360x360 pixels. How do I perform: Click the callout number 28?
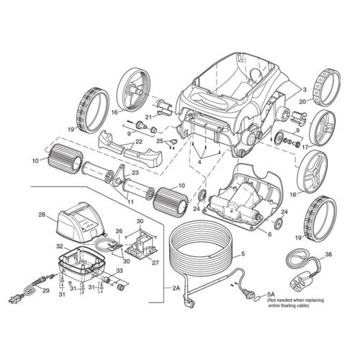pyautogui.click(x=42, y=215)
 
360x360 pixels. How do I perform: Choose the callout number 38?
pyautogui.click(x=329, y=254)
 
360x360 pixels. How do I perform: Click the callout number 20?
pyautogui.click(x=303, y=102)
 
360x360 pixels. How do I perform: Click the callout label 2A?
pyautogui.click(x=177, y=288)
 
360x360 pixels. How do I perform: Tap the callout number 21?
pyautogui.click(x=149, y=116)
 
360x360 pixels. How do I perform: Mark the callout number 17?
pyautogui.click(x=305, y=148)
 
